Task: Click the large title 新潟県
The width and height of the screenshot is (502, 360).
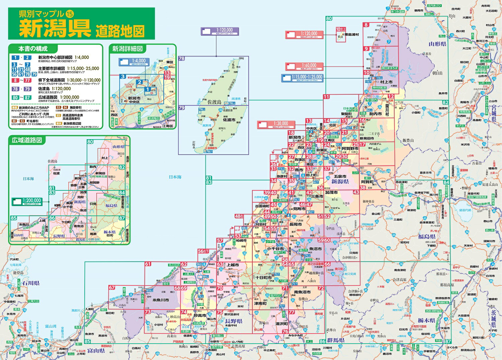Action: [55, 28]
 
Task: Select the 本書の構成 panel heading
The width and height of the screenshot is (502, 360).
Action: [33, 49]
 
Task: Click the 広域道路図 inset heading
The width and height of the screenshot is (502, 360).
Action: [27, 140]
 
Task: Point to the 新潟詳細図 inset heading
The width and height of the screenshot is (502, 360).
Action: [127, 49]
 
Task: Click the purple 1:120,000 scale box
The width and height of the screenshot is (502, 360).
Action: [220, 31]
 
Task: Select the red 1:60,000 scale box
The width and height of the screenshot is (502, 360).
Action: [305, 66]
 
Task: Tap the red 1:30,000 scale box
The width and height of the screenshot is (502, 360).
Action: [276, 124]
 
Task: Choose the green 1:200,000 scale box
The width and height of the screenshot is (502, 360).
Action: [27, 202]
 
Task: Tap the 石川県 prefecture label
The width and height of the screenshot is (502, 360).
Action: [31, 283]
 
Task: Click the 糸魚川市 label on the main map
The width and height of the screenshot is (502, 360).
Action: [161, 300]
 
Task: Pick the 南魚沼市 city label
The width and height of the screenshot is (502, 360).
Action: [302, 292]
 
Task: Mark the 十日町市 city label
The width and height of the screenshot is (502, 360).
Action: [264, 277]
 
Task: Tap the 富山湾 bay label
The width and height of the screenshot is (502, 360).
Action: [51, 326]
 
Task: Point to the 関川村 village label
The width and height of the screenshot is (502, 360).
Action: [387, 110]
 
